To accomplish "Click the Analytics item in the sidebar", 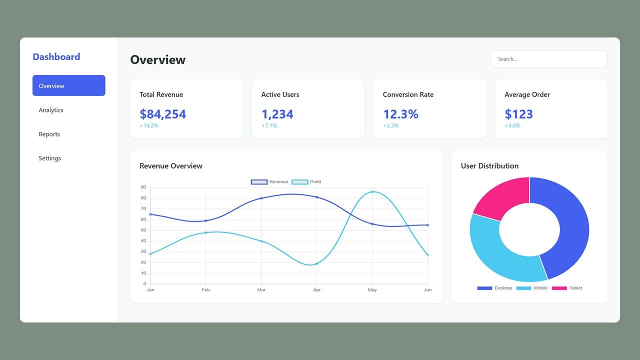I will [51, 110].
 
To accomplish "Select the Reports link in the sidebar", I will [49, 134].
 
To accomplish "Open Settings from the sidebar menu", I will [49, 158].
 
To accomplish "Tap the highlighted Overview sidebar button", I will [68, 85].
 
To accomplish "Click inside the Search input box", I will [548, 59].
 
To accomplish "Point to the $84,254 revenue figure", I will [162, 114].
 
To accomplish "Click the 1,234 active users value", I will [277, 114].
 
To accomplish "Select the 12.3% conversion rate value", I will [400, 114].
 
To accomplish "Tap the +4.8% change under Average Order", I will [512, 125].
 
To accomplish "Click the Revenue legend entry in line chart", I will [270, 182].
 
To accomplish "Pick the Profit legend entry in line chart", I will [306, 182].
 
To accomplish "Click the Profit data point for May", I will [372, 192].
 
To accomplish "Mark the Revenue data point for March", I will [261, 198].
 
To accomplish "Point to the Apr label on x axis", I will [316, 290].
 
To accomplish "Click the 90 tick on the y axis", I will [143, 187].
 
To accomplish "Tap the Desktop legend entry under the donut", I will [494, 288].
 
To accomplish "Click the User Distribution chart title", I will [489, 166].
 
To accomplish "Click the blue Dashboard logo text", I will [56, 57].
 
